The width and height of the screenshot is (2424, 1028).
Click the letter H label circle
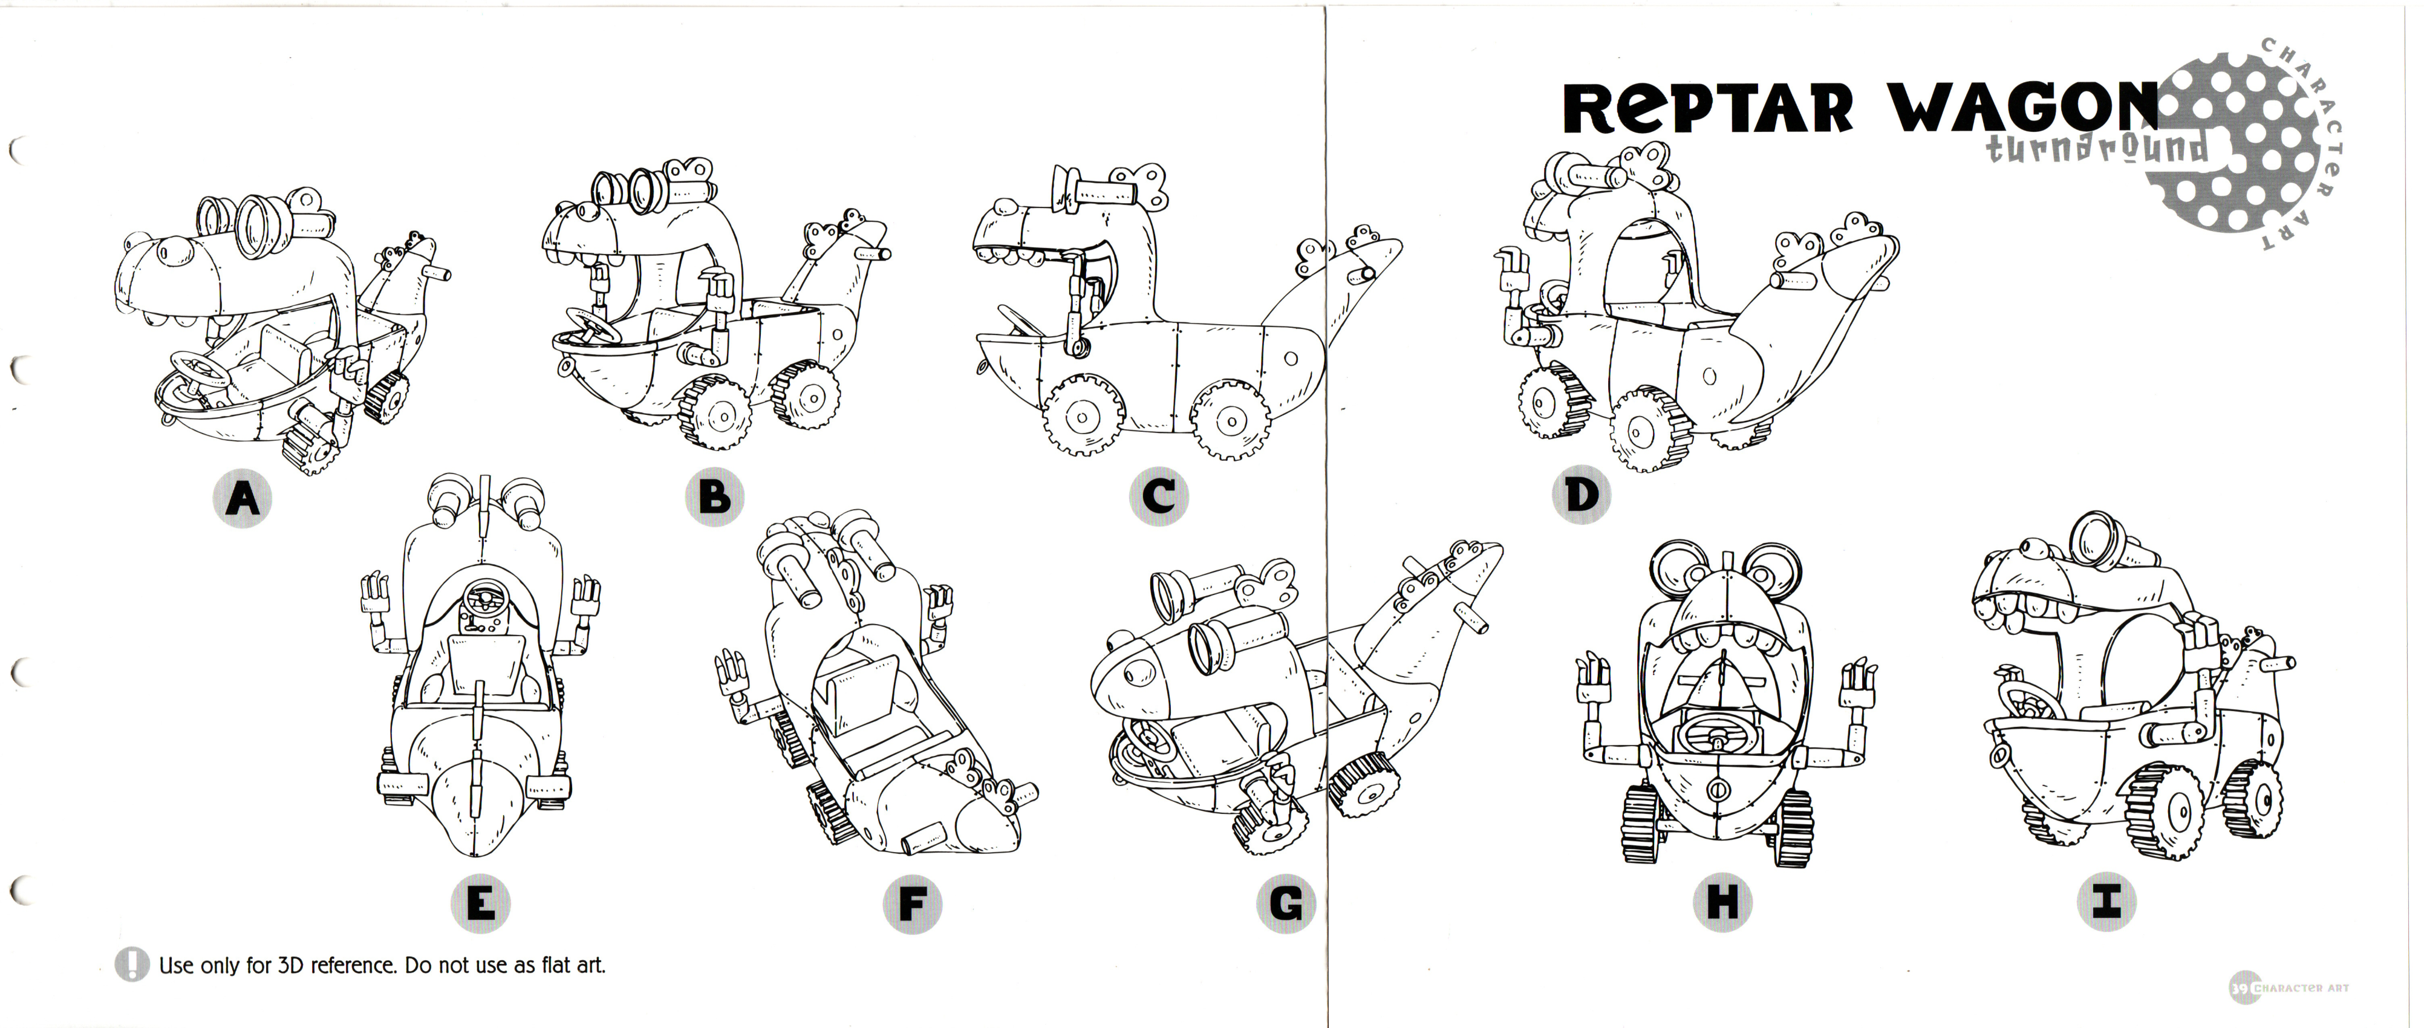1721,904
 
